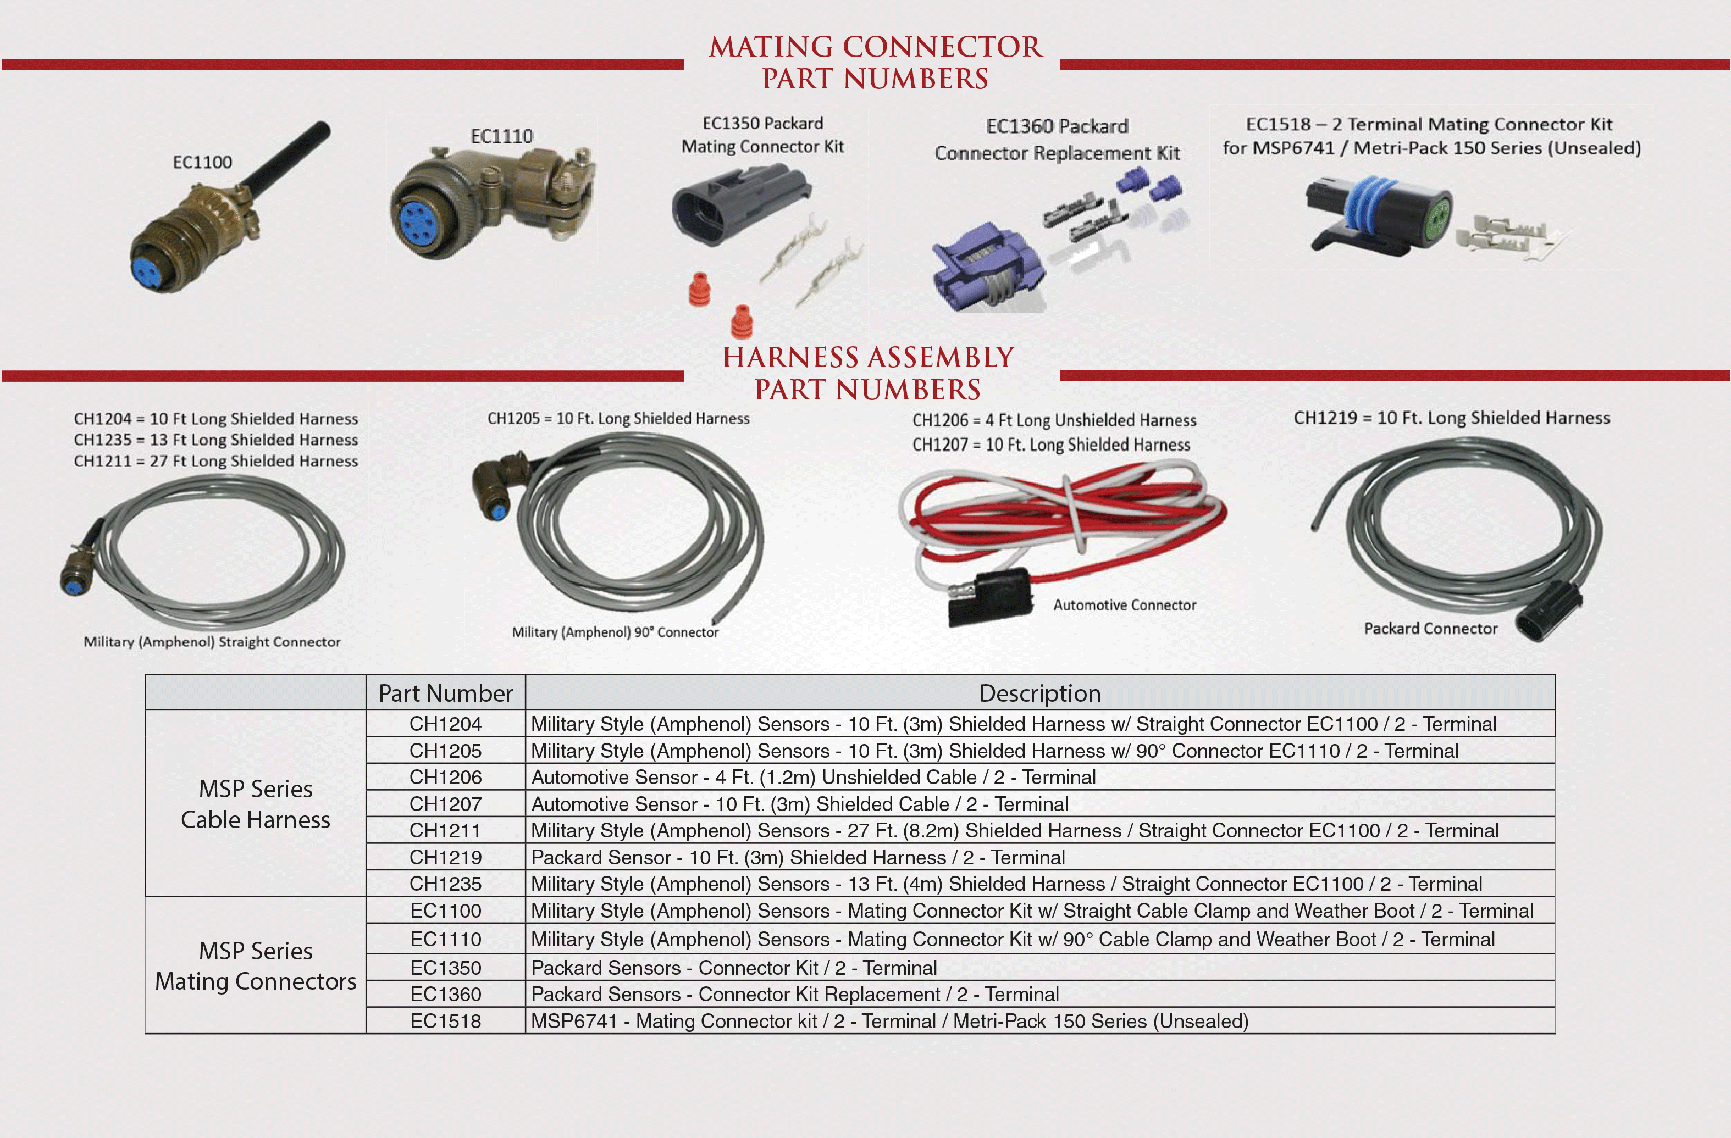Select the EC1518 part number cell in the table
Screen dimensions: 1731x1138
coord(445,1021)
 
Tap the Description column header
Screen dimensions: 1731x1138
coord(1040,693)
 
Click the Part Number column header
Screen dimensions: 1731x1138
coord(445,693)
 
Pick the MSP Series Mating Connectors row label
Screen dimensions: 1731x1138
coord(255,965)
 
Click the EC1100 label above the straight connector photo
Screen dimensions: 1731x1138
coord(202,162)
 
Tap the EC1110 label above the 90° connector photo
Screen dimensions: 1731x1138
coord(502,136)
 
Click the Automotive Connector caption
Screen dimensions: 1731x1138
coord(1125,605)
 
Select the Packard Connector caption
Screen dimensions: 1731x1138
coord(1431,628)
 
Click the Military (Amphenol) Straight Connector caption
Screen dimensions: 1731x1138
coord(212,641)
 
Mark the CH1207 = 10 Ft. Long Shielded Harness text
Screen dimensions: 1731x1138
coord(1051,445)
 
